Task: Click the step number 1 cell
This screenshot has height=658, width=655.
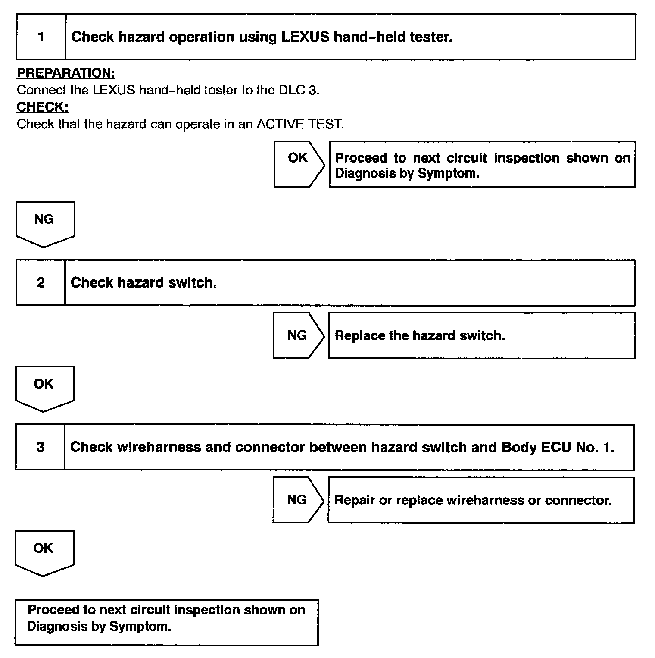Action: click(x=41, y=37)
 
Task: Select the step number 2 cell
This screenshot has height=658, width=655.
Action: click(x=41, y=282)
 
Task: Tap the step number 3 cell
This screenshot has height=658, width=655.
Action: click(x=40, y=447)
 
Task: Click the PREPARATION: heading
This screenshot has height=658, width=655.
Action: click(x=66, y=73)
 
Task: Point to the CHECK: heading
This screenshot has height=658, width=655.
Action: click(x=43, y=107)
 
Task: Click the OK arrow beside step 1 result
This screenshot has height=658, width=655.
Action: click(x=299, y=164)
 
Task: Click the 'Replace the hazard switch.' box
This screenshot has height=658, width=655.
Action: click(x=481, y=335)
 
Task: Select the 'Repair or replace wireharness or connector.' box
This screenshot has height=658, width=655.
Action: click(x=481, y=500)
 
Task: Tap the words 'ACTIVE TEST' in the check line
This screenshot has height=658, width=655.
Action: click(x=300, y=124)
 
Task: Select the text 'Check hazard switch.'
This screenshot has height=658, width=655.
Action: click(x=143, y=282)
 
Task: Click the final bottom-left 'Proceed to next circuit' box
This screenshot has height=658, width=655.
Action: click(x=166, y=622)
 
